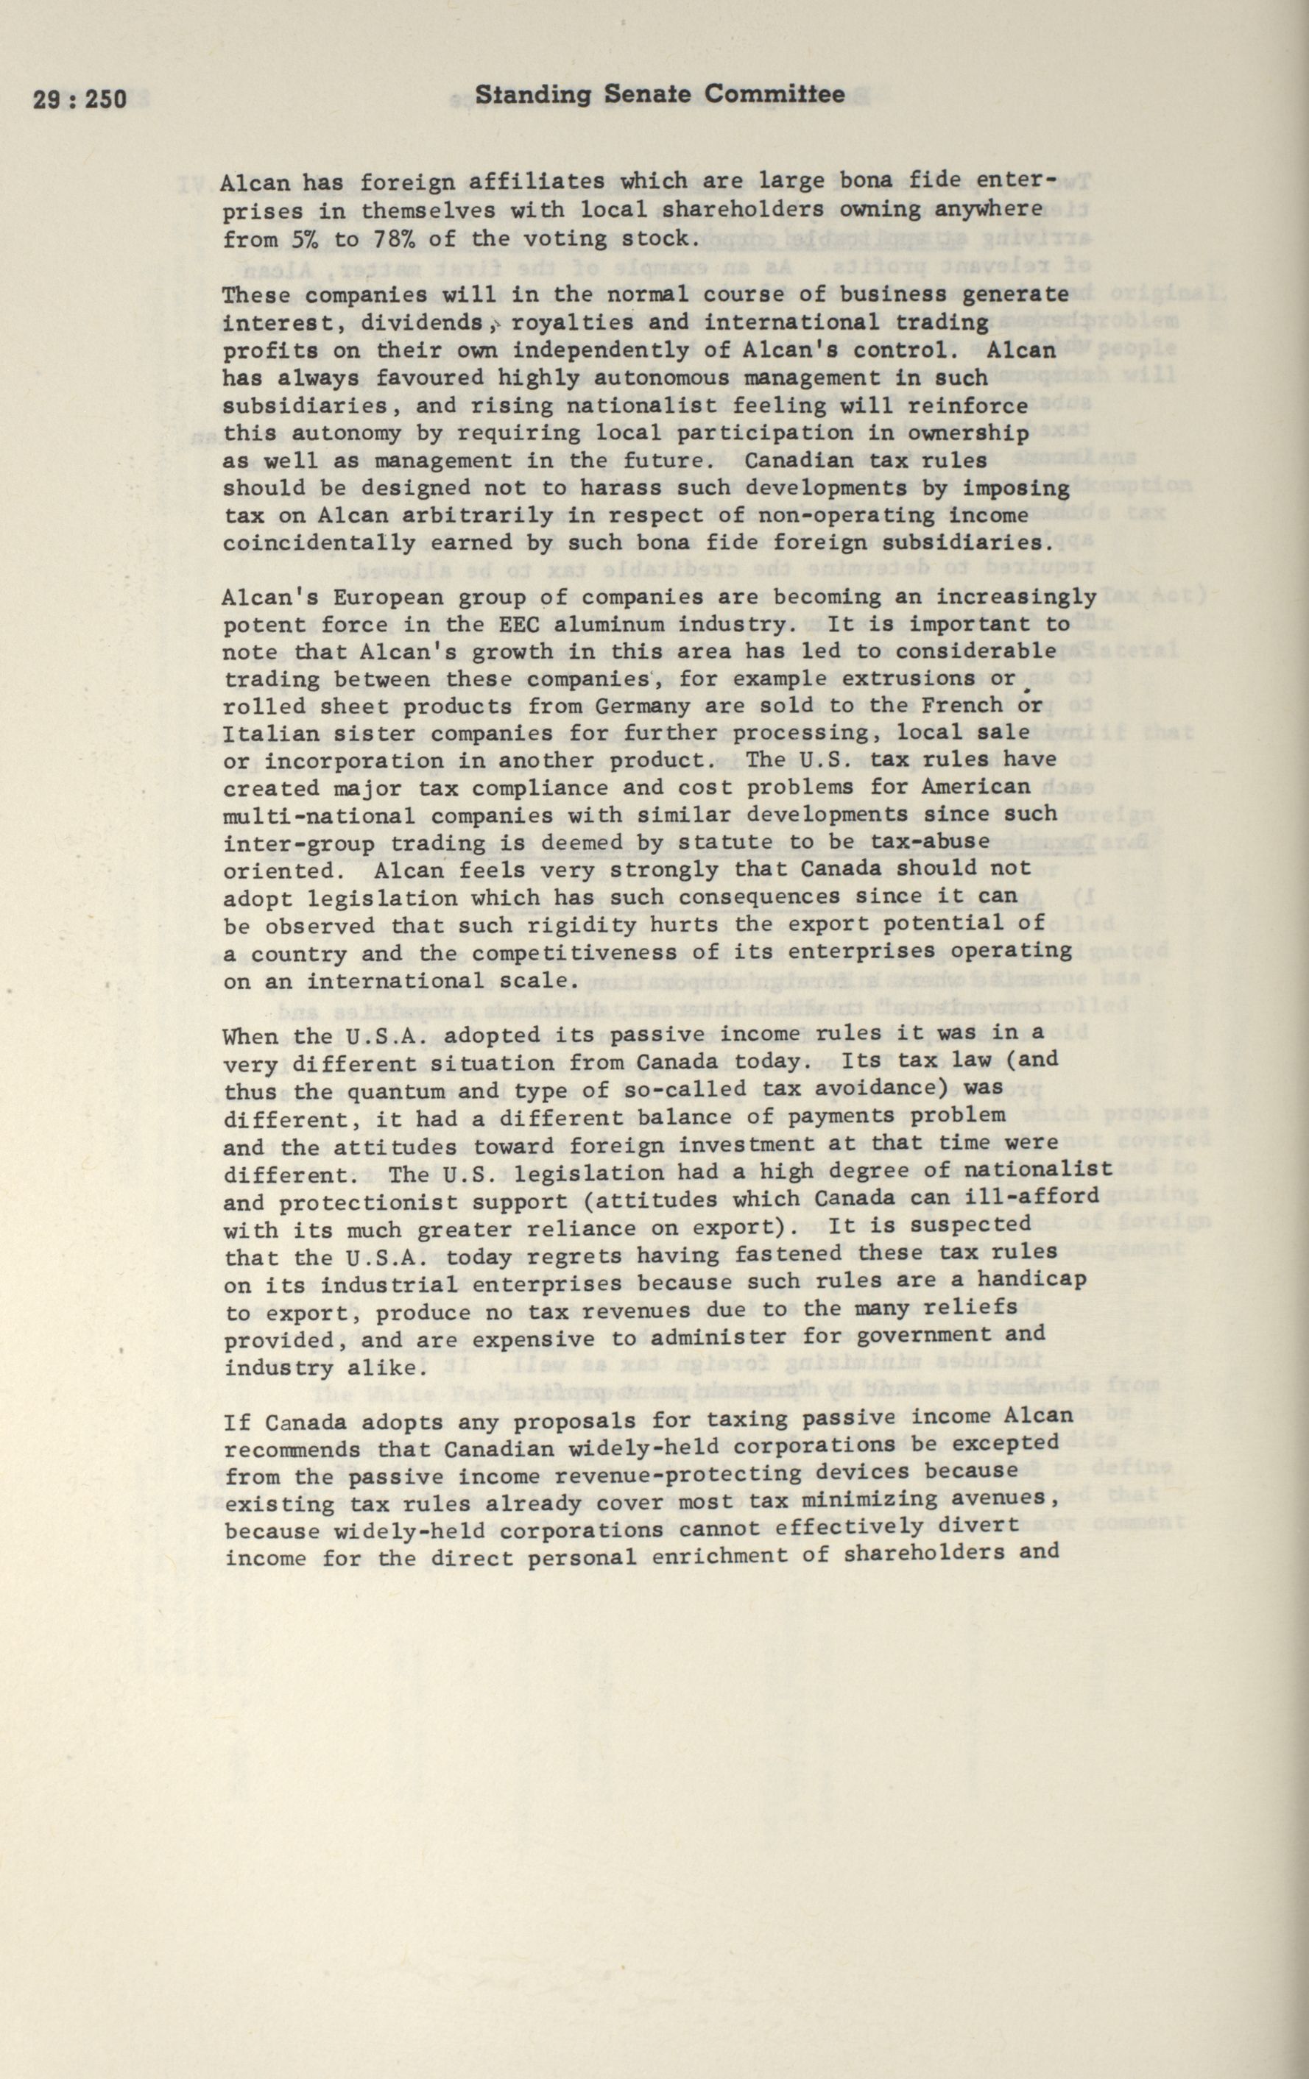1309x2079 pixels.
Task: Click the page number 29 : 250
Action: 80,99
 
